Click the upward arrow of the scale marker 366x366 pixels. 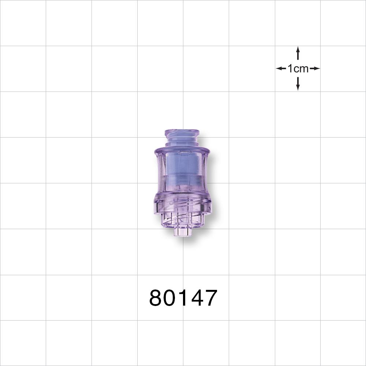pyautogui.click(x=298, y=53)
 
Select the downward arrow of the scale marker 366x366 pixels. pyautogui.click(x=298, y=84)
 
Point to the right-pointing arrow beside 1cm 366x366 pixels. pyautogui.click(x=315, y=68)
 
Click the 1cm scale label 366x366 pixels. pyautogui.click(x=298, y=68)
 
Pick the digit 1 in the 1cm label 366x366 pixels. pyautogui.click(x=290, y=68)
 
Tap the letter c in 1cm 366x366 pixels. pyautogui.click(x=295, y=69)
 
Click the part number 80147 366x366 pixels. pyautogui.click(x=183, y=298)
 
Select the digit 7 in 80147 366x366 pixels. pyautogui.click(x=210, y=298)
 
